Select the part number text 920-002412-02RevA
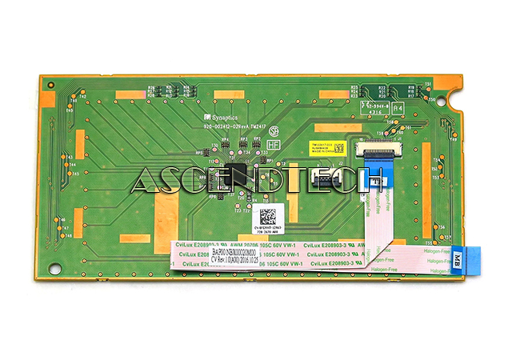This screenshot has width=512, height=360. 234,126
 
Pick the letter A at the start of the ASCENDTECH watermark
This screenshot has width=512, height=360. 144,181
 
